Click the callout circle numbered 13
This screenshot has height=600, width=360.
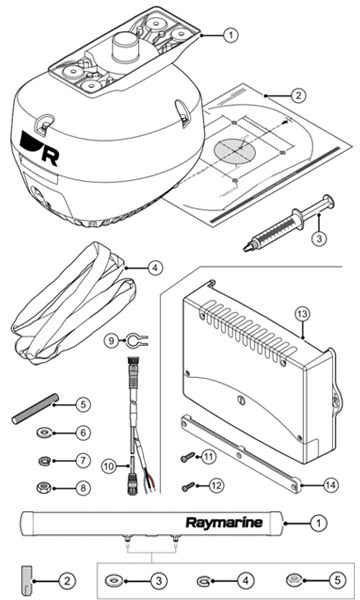[x=303, y=315]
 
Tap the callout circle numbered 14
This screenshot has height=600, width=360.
[x=331, y=486]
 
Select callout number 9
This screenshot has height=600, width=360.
[x=111, y=340]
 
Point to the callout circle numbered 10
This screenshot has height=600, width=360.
[x=109, y=466]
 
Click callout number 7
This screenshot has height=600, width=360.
[x=83, y=460]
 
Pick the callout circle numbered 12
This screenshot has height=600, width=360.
[x=216, y=486]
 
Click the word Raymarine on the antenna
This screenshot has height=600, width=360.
[x=224, y=522]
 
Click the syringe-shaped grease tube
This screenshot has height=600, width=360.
[x=288, y=223]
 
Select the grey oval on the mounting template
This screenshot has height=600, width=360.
[x=235, y=150]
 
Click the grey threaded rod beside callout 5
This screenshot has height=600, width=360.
[x=35, y=409]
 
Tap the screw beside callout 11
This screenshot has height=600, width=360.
[x=187, y=457]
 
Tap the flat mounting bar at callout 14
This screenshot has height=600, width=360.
[x=241, y=454]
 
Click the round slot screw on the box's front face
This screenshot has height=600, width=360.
[x=241, y=400]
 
